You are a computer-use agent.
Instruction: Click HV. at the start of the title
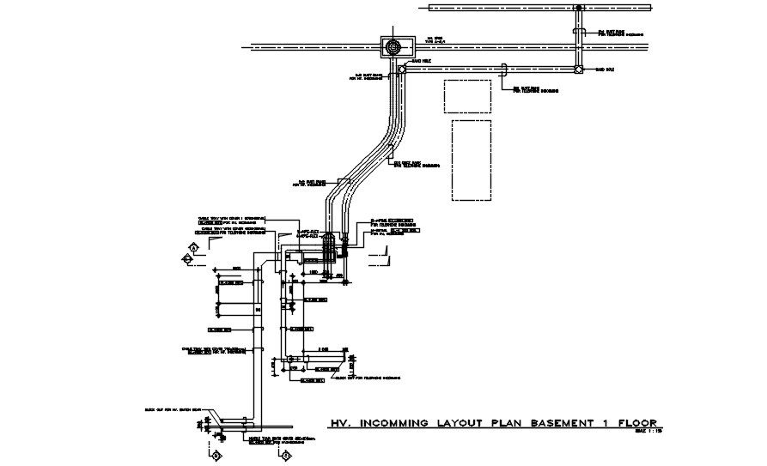coord(342,424)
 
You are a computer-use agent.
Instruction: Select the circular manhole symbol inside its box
coord(394,46)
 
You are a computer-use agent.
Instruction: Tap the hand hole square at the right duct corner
coord(578,70)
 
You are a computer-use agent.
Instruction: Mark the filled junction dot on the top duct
coord(579,7)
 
